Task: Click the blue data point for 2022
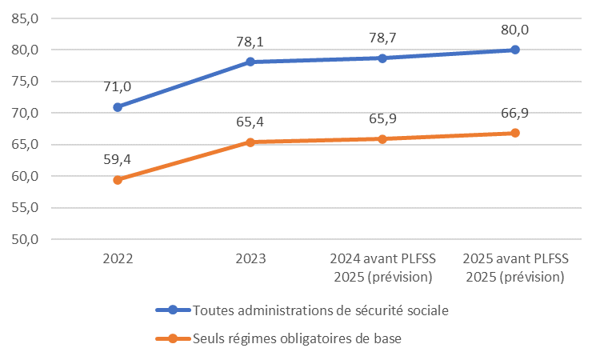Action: coord(118,106)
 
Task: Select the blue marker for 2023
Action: coord(250,62)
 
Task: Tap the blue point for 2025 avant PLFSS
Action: coord(515,50)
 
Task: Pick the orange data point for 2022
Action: coord(118,180)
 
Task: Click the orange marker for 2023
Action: coord(250,142)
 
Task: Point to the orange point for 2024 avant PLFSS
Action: coord(382,139)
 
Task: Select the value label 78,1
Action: coord(250,42)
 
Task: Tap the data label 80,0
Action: coord(515,30)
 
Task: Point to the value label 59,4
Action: coord(117,160)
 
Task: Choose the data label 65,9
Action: coord(382,119)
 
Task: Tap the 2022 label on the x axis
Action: coord(118,259)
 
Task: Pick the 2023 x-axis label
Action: coord(250,259)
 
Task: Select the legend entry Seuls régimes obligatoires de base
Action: coord(297,338)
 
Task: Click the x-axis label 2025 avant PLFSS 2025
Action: coord(515,268)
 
